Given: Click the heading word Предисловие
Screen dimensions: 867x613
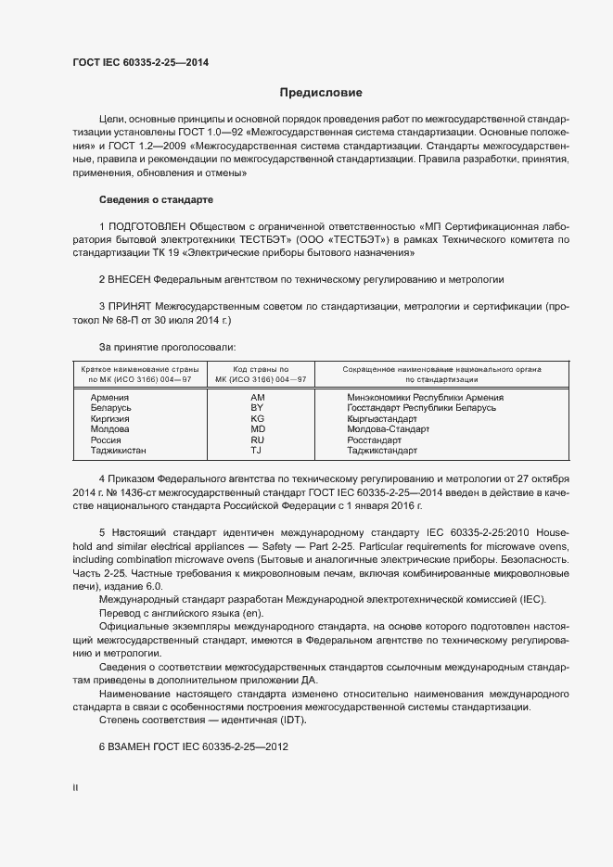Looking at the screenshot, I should pyautogui.click(x=321, y=93).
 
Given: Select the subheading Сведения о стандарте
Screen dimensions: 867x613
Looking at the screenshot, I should pyautogui.click(x=156, y=199).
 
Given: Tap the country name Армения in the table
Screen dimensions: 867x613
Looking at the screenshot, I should pyautogui.click(x=109, y=397).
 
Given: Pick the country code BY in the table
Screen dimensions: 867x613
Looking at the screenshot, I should pyautogui.click(x=258, y=408).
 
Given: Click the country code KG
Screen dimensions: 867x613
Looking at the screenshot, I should pyautogui.click(x=258, y=419).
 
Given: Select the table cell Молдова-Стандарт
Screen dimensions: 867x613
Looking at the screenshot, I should pyautogui.click(x=388, y=429).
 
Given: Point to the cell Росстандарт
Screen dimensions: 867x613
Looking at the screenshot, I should pyautogui.click(x=374, y=440).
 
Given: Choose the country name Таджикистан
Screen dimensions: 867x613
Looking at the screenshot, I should pyautogui.click(x=118, y=451).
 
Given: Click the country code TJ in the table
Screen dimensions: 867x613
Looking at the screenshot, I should pyautogui.click(x=258, y=451).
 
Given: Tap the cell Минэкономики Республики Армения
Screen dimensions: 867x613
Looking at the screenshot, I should pyautogui.click(x=425, y=397).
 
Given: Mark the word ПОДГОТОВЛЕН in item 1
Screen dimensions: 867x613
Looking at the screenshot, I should pyautogui.click(x=147, y=226).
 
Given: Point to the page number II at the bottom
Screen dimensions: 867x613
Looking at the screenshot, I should pyautogui.click(x=75, y=788).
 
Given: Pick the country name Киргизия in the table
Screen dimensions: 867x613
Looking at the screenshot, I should pyautogui.click(x=109, y=419).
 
